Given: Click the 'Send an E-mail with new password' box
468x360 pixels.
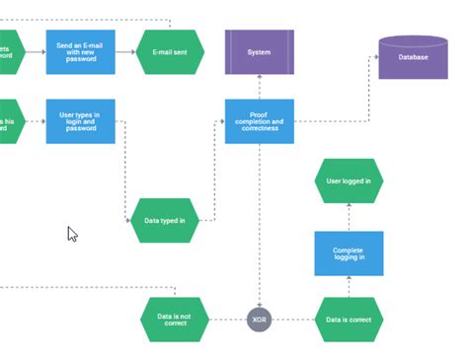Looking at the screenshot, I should [80, 51].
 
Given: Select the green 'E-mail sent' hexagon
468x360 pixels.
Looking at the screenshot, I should [170, 51].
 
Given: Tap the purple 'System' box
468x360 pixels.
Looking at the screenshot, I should [259, 51].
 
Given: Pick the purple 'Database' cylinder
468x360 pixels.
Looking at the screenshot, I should [413, 57].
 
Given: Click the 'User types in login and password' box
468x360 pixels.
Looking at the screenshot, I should [80, 121].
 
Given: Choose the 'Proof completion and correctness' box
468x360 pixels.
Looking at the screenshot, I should [259, 121].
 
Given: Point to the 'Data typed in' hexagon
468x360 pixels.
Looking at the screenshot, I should [164, 220].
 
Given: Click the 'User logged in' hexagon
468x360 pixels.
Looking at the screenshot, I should [349, 180].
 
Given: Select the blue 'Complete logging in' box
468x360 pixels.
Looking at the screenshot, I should [349, 253].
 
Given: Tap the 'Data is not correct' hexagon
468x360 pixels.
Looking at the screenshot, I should [174, 320].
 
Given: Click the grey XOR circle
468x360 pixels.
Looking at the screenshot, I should [259, 320].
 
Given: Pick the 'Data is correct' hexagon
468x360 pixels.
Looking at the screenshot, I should [349, 320].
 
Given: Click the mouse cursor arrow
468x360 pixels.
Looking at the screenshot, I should [71, 234].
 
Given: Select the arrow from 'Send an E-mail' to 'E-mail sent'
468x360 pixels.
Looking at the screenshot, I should [125, 51].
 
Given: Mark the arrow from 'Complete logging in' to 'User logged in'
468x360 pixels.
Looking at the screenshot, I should [349, 217].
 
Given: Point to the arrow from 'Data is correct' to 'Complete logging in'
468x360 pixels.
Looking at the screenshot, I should [349, 287].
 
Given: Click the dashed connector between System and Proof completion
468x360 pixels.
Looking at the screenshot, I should [259, 87].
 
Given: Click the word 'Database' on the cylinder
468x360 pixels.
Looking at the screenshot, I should [413, 58].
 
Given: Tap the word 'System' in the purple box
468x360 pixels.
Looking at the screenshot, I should [259, 51].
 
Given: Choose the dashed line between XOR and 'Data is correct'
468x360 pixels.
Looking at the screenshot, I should [292, 320].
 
